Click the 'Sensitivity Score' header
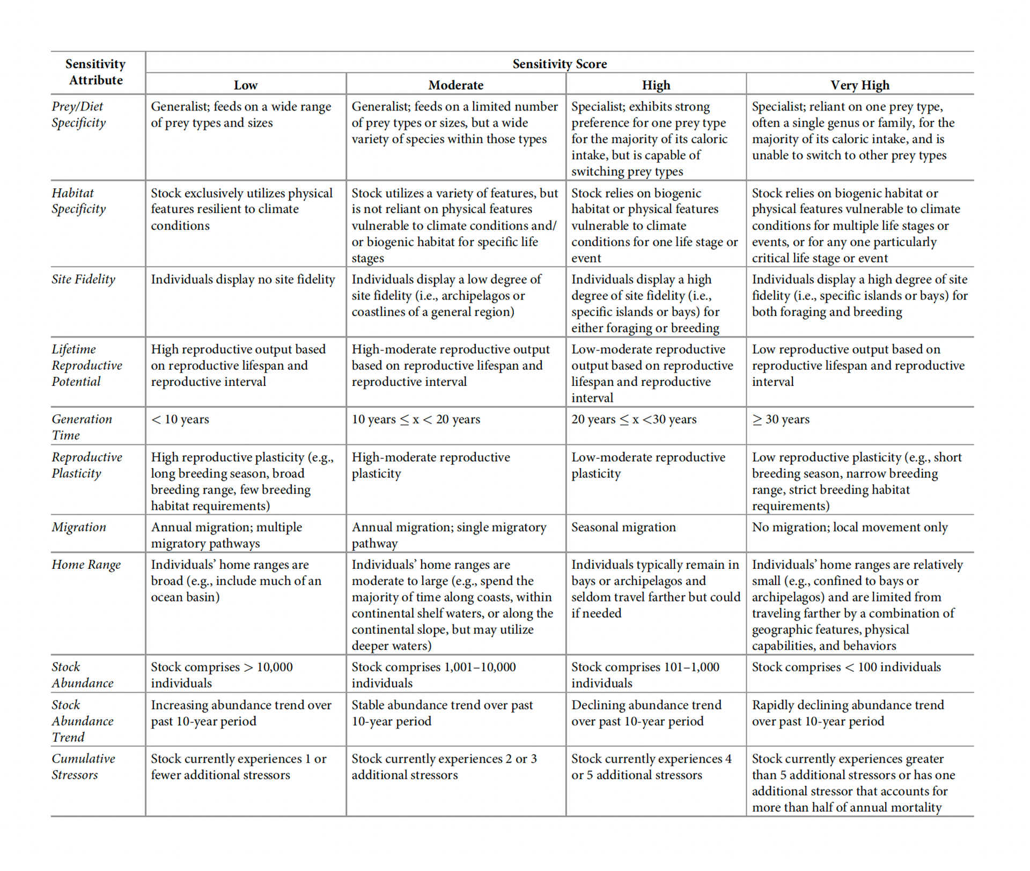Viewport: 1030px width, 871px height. (x=560, y=64)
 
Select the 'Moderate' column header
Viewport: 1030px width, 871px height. (x=455, y=85)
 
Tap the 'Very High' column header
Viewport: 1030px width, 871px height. (x=859, y=85)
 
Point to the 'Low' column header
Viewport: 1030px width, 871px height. (x=245, y=85)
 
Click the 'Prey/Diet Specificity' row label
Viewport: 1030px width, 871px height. (x=78, y=114)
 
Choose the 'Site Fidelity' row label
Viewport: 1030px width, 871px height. (x=83, y=279)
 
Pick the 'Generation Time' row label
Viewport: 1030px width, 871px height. (x=82, y=427)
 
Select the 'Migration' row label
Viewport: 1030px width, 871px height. (x=79, y=527)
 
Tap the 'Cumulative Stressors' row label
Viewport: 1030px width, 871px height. (x=83, y=766)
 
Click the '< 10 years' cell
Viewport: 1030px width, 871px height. (x=180, y=419)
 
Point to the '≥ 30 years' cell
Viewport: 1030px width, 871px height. (x=781, y=419)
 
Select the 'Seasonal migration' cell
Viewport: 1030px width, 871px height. (x=623, y=527)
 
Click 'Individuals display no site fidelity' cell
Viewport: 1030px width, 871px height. (x=242, y=279)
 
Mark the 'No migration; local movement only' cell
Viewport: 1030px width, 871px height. (x=850, y=527)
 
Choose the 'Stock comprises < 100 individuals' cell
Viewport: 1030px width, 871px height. (x=846, y=667)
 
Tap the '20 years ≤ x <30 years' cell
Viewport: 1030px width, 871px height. (x=634, y=419)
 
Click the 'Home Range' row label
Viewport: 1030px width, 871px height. (x=86, y=565)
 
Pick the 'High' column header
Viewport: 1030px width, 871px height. (x=656, y=85)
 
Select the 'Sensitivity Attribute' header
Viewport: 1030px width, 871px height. (x=95, y=72)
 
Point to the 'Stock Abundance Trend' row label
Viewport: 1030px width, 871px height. (x=83, y=721)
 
